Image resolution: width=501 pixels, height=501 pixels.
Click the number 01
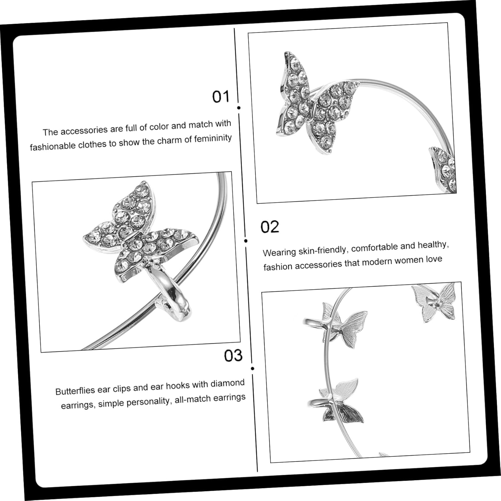click(x=221, y=97)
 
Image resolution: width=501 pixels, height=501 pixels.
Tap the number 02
click(x=270, y=227)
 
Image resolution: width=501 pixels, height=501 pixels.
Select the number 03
click(x=233, y=356)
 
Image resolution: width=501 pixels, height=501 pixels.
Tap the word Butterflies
click(x=75, y=390)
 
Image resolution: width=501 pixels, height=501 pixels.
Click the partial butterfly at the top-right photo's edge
click(x=443, y=169)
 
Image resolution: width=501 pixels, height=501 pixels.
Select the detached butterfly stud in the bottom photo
click(x=434, y=302)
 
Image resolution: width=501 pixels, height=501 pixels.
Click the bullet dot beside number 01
click(x=239, y=108)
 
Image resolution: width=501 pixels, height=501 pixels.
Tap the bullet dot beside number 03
click(x=253, y=368)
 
